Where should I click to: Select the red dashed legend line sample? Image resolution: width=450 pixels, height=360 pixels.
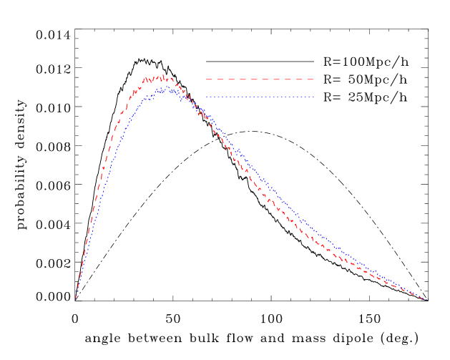pyautogui.click(x=260, y=79)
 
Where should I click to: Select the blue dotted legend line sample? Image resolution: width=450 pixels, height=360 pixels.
pyautogui.click(x=260, y=97)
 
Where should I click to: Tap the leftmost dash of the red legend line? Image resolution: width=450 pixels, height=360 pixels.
pyautogui.click(x=209, y=79)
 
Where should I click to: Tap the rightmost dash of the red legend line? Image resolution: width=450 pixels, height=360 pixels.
pyautogui.click(x=309, y=79)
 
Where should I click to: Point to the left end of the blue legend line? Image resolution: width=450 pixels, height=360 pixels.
pyautogui.click(x=207, y=97)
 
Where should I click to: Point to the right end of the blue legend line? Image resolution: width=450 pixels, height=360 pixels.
pyautogui.click(x=313, y=97)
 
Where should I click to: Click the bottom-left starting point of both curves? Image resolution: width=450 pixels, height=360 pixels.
pyautogui.click(x=76, y=297)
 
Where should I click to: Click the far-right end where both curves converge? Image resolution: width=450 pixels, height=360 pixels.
pyautogui.click(x=425, y=299)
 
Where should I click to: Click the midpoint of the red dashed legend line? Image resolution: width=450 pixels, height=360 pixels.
pyautogui.click(x=260, y=79)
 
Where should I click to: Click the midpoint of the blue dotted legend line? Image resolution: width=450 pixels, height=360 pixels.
pyautogui.click(x=260, y=97)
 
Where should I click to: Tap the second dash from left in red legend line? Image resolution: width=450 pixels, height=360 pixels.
pyautogui.click(x=222, y=79)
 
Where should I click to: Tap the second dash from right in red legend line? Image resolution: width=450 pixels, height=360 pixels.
pyautogui.click(x=296, y=79)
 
